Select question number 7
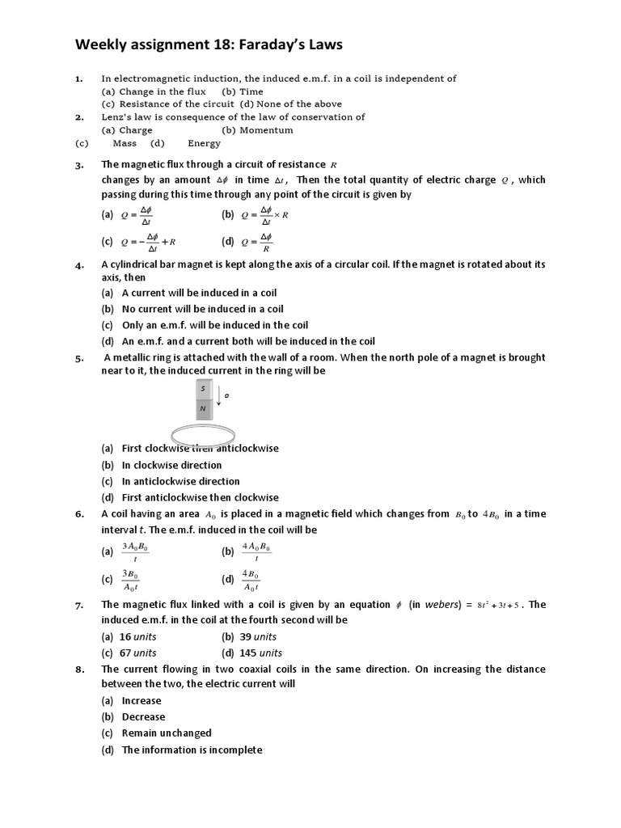coord(79,605)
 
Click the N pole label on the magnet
coord(203,408)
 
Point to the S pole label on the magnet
coord(203,389)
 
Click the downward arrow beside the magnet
coord(218,395)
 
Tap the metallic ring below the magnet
coord(203,433)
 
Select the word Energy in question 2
coord(204,143)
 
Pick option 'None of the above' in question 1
coord(299,104)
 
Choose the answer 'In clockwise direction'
coord(171,465)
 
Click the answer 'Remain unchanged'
coord(167,733)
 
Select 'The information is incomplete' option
coord(192,750)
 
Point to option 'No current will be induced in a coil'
coord(202,309)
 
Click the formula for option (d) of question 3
coord(258,241)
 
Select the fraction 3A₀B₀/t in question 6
coord(135,552)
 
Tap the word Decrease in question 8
coord(143,716)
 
